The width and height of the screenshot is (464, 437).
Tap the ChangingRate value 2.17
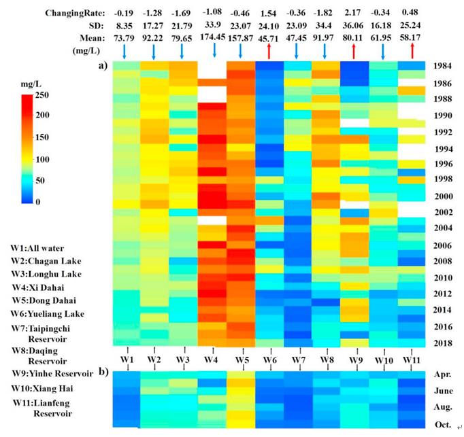pos(354,12)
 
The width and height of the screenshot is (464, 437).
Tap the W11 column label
pos(412,358)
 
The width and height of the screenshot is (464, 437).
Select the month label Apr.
pos(443,374)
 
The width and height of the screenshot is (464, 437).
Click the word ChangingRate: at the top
pos(73,13)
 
